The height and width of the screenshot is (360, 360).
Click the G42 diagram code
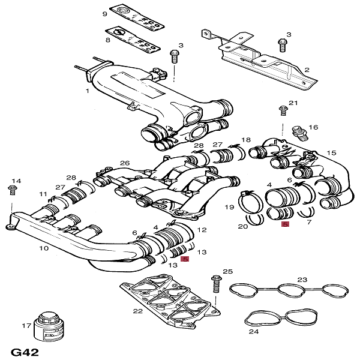pos(25,352)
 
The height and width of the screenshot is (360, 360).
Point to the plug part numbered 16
pos(296,131)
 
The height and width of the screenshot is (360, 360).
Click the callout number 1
pos(88,91)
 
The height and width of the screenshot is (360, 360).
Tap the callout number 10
pos(44,248)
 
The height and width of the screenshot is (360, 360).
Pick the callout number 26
pos(125,163)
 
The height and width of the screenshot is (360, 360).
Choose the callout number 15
pos(332,154)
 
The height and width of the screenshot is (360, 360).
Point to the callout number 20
pos(243,227)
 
